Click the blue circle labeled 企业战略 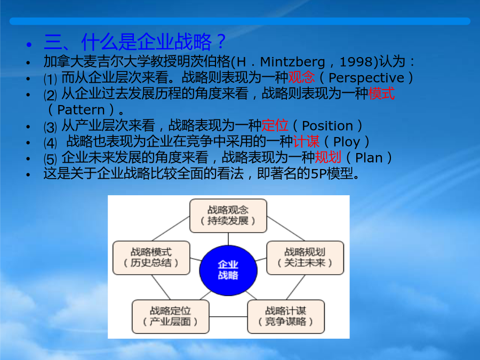point(228,270)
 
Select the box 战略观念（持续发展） point(228,216)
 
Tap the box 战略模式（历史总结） point(151,258)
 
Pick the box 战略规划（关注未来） point(305,258)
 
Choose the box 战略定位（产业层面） point(171,316)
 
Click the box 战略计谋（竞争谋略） point(286,316)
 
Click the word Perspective point(366,78)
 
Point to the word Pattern point(81,109)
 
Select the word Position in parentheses point(327,126)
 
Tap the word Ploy point(347,142)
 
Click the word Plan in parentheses point(369,158)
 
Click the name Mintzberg point(292,62)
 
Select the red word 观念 point(301,77)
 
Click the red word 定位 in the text point(275,125)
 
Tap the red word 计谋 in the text point(306,141)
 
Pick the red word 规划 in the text point(328,157)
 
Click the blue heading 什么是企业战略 point(146,42)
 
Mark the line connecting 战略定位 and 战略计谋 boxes point(228,316)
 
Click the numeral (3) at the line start point(50,127)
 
